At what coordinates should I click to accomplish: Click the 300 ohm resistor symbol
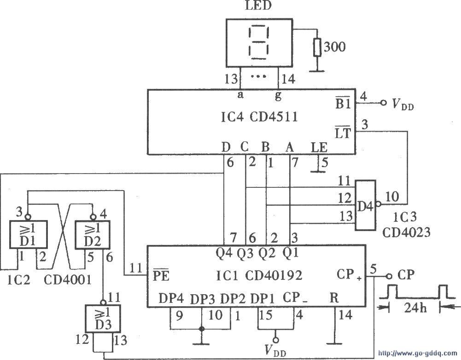point(317,47)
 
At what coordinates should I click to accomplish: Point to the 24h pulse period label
point(408,308)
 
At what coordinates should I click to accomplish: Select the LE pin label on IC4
point(319,148)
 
